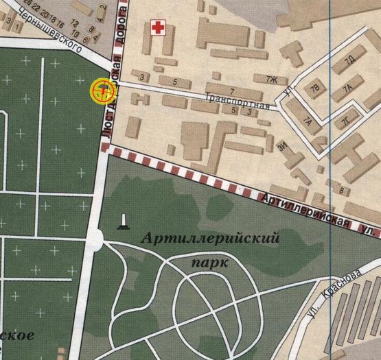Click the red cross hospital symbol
tap(159, 28)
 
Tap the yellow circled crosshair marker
tap(102, 89)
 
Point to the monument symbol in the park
tap(123, 220)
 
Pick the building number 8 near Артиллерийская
tap(341, 190)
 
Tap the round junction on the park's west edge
tap(97, 239)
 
